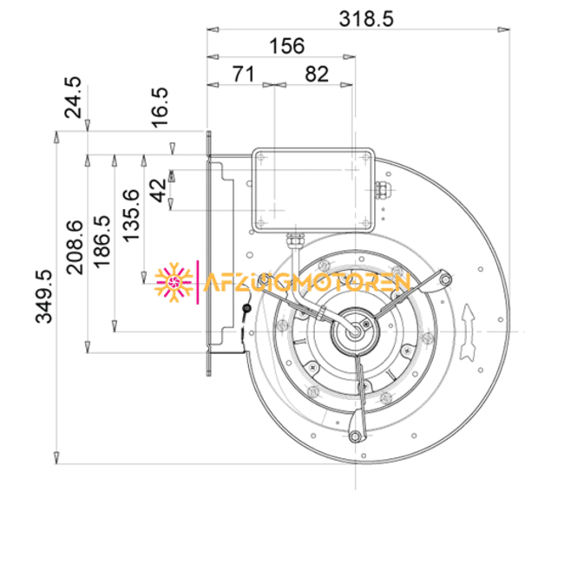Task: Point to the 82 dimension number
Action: (316, 74)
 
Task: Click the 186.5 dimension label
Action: (102, 242)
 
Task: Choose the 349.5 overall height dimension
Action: (43, 297)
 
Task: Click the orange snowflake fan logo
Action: (174, 281)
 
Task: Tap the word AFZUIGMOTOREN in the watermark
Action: (305, 282)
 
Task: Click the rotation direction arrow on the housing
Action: (470, 332)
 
